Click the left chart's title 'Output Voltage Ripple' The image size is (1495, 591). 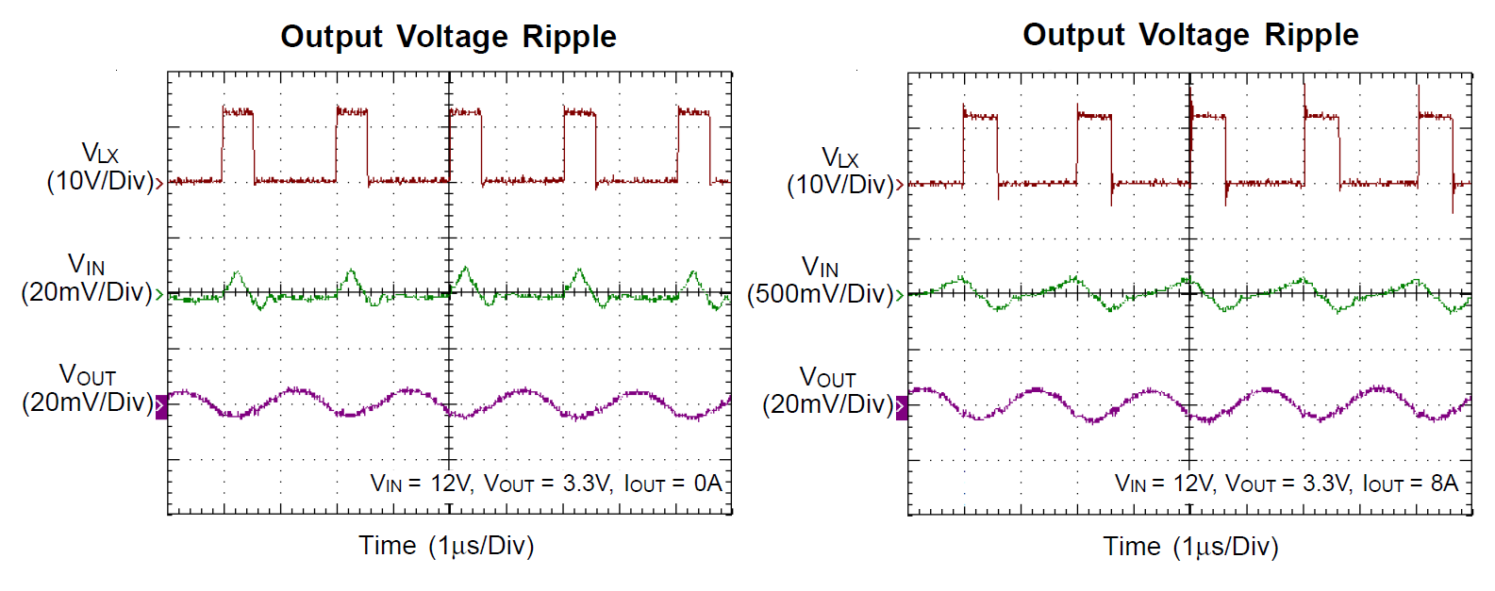coord(448,37)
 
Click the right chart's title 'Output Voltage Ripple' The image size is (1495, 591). coord(1190,35)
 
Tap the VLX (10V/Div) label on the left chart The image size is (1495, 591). coord(100,167)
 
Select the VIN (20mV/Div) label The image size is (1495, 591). coord(87,278)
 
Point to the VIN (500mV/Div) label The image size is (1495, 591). coord(821,281)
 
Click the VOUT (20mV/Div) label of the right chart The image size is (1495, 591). coord(828,391)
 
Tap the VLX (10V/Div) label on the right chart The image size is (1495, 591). coord(840,171)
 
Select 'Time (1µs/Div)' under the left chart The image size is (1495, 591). coord(446,546)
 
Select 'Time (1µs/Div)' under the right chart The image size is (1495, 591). coord(1190,547)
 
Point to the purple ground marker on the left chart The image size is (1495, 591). coord(161,407)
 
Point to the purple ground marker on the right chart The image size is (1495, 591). coord(902,408)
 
